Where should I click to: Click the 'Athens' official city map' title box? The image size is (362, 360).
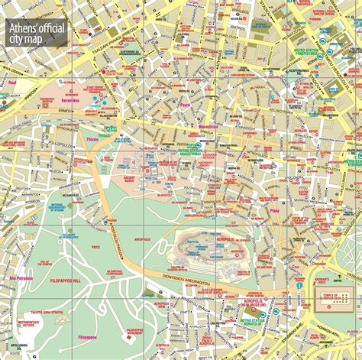point(37,34)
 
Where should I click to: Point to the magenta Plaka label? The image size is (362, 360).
point(274,210)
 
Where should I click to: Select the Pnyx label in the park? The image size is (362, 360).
point(95,247)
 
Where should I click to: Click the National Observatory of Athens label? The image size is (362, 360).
point(59,208)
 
